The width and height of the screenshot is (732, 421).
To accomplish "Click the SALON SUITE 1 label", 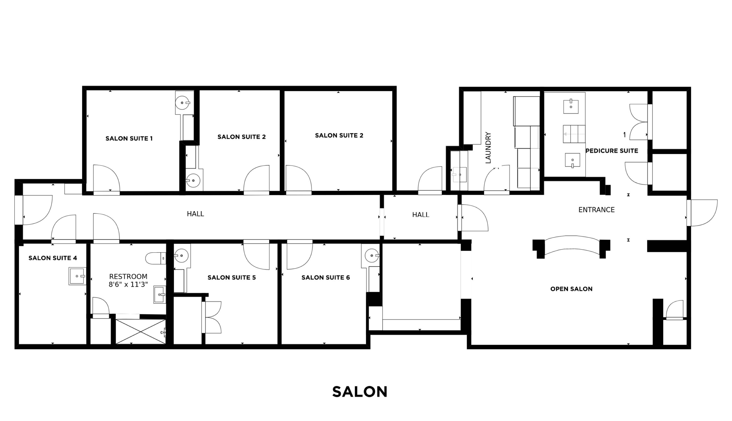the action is click(x=129, y=139).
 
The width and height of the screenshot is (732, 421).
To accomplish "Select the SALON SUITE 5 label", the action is click(x=232, y=278).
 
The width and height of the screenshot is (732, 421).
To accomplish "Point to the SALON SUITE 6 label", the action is click(x=325, y=278).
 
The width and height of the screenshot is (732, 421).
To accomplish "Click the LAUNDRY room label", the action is click(x=488, y=148).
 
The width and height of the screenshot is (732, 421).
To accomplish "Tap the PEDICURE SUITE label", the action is click(x=612, y=151).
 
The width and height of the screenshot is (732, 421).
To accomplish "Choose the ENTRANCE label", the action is click(x=596, y=210).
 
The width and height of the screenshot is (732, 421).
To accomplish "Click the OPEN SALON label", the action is click(x=571, y=289).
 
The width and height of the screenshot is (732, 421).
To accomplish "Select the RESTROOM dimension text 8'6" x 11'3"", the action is click(x=128, y=284).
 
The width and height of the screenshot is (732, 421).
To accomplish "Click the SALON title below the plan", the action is click(x=359, y=392).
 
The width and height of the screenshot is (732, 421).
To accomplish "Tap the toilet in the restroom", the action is click(x=156, y=258).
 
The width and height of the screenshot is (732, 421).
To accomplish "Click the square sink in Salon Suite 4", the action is click(x=77, y=276).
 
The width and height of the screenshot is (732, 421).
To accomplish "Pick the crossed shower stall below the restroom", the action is click(x=140, y=332).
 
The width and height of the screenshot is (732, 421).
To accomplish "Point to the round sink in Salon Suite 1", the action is click(x=183, y=103).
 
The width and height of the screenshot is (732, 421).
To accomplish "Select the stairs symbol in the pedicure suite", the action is click(x=574, y=134).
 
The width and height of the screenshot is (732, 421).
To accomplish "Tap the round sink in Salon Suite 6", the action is click(x=372, y=256).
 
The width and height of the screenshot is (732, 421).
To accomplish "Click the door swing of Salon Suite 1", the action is click(x=106, y=178).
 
